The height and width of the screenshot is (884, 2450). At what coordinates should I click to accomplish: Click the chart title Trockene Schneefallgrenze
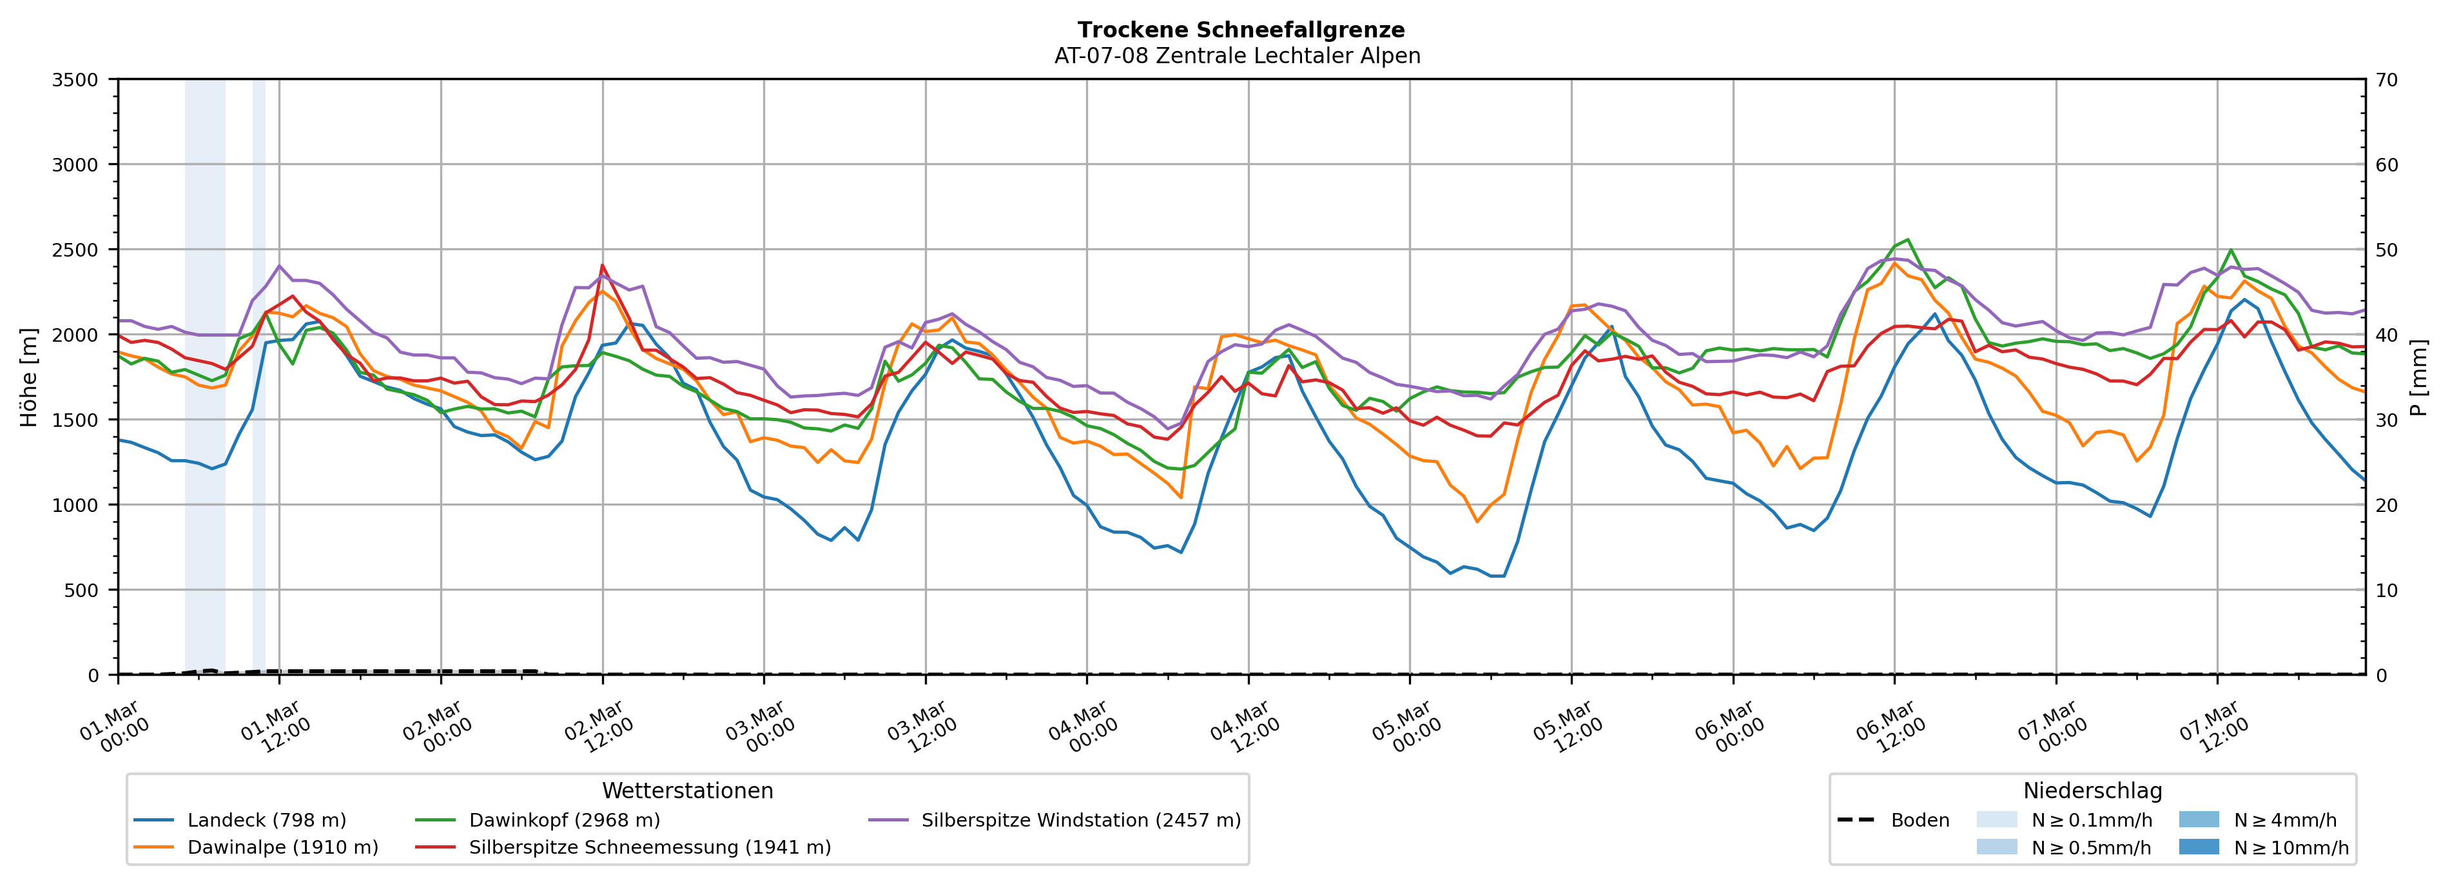1240,30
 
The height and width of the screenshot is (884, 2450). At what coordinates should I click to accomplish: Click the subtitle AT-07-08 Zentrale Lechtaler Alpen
1236,56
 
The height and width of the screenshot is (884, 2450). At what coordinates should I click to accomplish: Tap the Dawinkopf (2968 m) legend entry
564,820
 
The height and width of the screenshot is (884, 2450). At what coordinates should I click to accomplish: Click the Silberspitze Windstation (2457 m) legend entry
1080,820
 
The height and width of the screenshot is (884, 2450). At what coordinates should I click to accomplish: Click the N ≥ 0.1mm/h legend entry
2090,820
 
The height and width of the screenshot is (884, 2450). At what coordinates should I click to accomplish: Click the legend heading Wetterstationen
688,791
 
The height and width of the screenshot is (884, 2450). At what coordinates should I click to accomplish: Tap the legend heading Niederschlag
2092,791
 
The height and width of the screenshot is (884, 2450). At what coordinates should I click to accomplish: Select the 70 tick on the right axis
2386,80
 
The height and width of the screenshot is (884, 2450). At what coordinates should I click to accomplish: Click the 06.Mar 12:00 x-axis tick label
1888,728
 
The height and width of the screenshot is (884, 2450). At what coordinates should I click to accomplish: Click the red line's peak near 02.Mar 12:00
602,266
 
